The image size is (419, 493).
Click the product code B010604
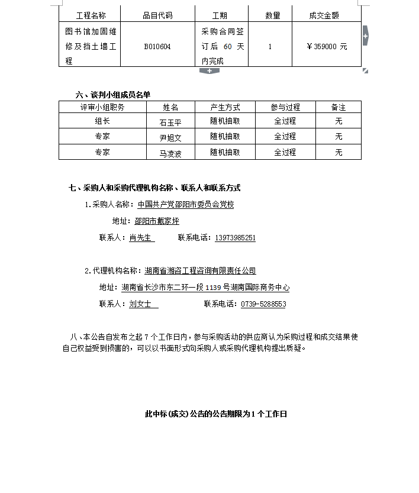(x=157, y=46)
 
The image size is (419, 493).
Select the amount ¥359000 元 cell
(x=327, y=46)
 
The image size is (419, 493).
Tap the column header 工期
(x=220, y=15)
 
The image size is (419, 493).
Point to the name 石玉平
(x=170, y=122)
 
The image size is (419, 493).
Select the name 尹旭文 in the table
(x=170, y=137)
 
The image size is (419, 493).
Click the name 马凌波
(x=170, y=153)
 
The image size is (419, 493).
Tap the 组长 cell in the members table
(x=102, y=121)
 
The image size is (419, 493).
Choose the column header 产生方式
(x=225, y=107)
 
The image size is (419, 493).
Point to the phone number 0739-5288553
(x=263, y=304)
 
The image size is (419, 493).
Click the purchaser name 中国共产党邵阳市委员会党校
(x=185, y=205)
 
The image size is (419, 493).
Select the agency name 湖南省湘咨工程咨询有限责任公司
(x=200, y=271)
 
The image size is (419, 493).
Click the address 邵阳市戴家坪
(x=157, y=221)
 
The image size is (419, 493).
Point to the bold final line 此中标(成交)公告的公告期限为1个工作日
(x=216, y=414)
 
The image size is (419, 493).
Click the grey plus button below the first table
(x=209, y=71)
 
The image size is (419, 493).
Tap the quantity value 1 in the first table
(x=270, y=46)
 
